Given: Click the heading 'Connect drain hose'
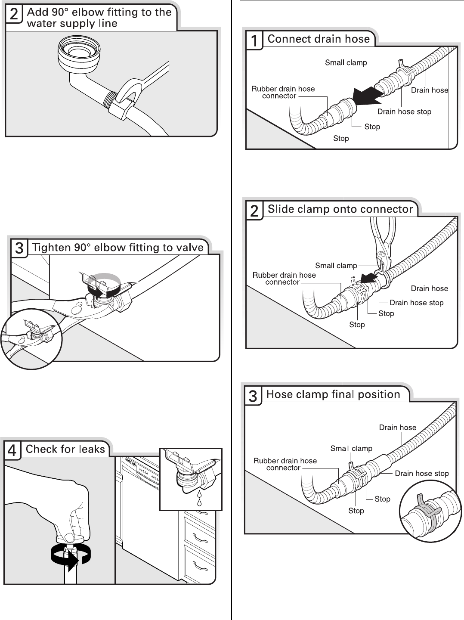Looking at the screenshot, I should [319, 39].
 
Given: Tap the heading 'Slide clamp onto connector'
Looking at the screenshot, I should [340, 209].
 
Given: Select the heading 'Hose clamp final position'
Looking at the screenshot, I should [333, 394].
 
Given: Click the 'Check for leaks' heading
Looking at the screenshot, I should [65, 449].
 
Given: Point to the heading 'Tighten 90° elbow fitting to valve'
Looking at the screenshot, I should [118, 248].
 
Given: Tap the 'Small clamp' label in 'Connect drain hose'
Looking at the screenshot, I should [346, 63].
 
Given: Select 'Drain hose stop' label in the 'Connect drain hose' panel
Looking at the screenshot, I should [404, 112].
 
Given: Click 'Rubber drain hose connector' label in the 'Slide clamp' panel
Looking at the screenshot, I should [284, 279].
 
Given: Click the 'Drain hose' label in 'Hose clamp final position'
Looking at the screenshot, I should [397, 428].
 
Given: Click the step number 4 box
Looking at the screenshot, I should [12, 451].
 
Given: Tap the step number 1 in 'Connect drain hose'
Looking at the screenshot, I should [254, 41].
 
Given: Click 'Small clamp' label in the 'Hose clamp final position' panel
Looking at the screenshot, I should [351, 449].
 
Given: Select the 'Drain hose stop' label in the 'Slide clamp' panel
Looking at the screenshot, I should [416, 303].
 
